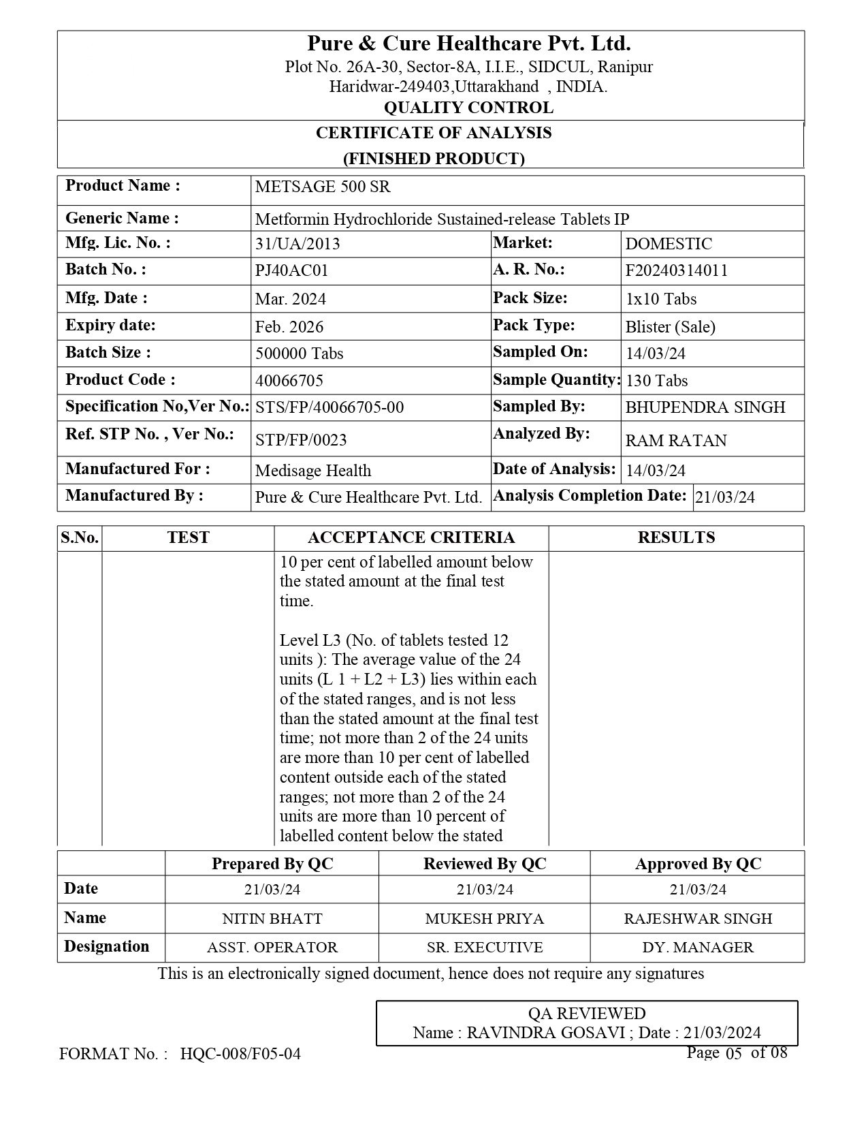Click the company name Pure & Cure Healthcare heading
click(x=468, y=44)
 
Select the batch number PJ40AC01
click(x=291, y=270)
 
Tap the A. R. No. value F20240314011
click(x=676, y=270)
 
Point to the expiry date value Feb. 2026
click(x=289, y=327)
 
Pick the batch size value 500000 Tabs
click(x=299, y=354)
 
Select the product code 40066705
click(x=289, y=380)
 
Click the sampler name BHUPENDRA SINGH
click(x=705, y=407)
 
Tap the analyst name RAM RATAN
click(x=675, y=441)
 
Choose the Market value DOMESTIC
click(x=669, y=244)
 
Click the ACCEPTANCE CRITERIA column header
click(x=411, y=537)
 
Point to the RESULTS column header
click(x=676, y=537)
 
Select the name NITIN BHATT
click(x=272, y=918)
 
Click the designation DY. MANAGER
click(x=698, y=948)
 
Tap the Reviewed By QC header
click(x=485, y=864)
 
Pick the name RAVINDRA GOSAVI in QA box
click(x=545, y=1033)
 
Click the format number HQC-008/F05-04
click(x=240, y=1055)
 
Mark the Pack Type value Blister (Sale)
click(x=670, y=327)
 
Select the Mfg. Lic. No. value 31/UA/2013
click(x=298, y=244)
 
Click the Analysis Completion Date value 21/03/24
click(x=724, y=497)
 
